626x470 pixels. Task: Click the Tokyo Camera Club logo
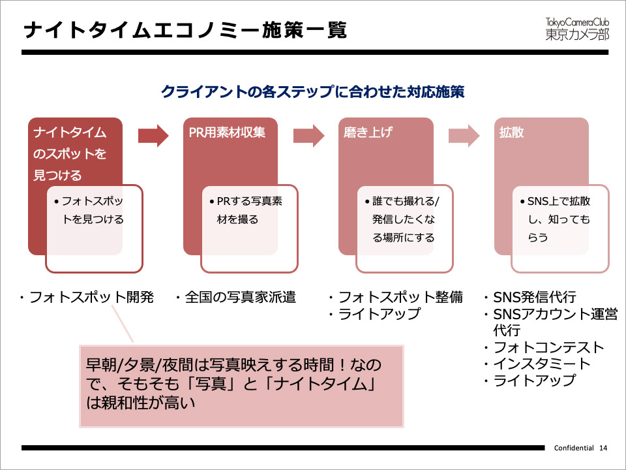click(x=577, y=28)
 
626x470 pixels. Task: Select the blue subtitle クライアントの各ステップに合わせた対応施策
click(x=312, y=91)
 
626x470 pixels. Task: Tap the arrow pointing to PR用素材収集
click(x=154, y=135)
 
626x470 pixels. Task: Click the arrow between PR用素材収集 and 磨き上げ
click(x=309, y=135)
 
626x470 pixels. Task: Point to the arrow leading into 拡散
click(x=464, y=135)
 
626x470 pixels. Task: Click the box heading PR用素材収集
click(x=222, y=133)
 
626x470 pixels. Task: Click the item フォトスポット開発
click(x=91, y=298)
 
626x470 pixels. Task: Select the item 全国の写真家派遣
click(x=239, y=298)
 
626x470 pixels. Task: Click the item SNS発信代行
click(x=535, y=298)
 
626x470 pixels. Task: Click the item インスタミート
click(x=542, y=364)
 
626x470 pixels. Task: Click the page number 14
click(x=603, y=448)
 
